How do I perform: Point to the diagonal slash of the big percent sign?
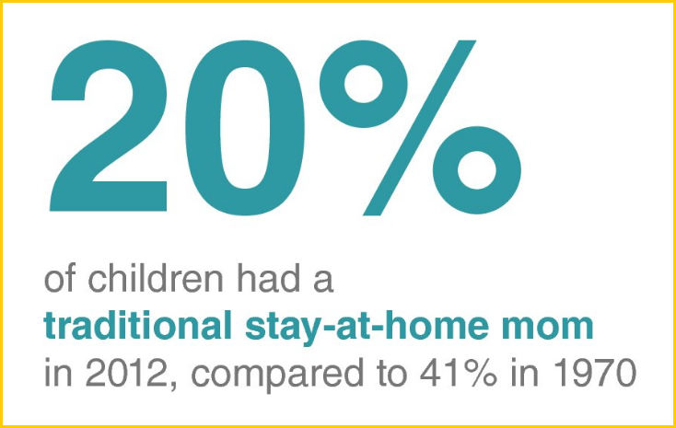(x=419, y=128)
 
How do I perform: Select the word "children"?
(x=156, y=279)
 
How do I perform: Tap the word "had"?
(x=267, y=279)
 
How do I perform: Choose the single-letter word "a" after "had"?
(x=322, y=283)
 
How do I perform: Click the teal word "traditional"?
(x=138, y=326)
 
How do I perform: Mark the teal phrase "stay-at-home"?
(x=367, y=328)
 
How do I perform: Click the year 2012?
(x=124, y=373)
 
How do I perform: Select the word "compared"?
(x=277, y=376)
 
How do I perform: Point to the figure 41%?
(x=459, y=373)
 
